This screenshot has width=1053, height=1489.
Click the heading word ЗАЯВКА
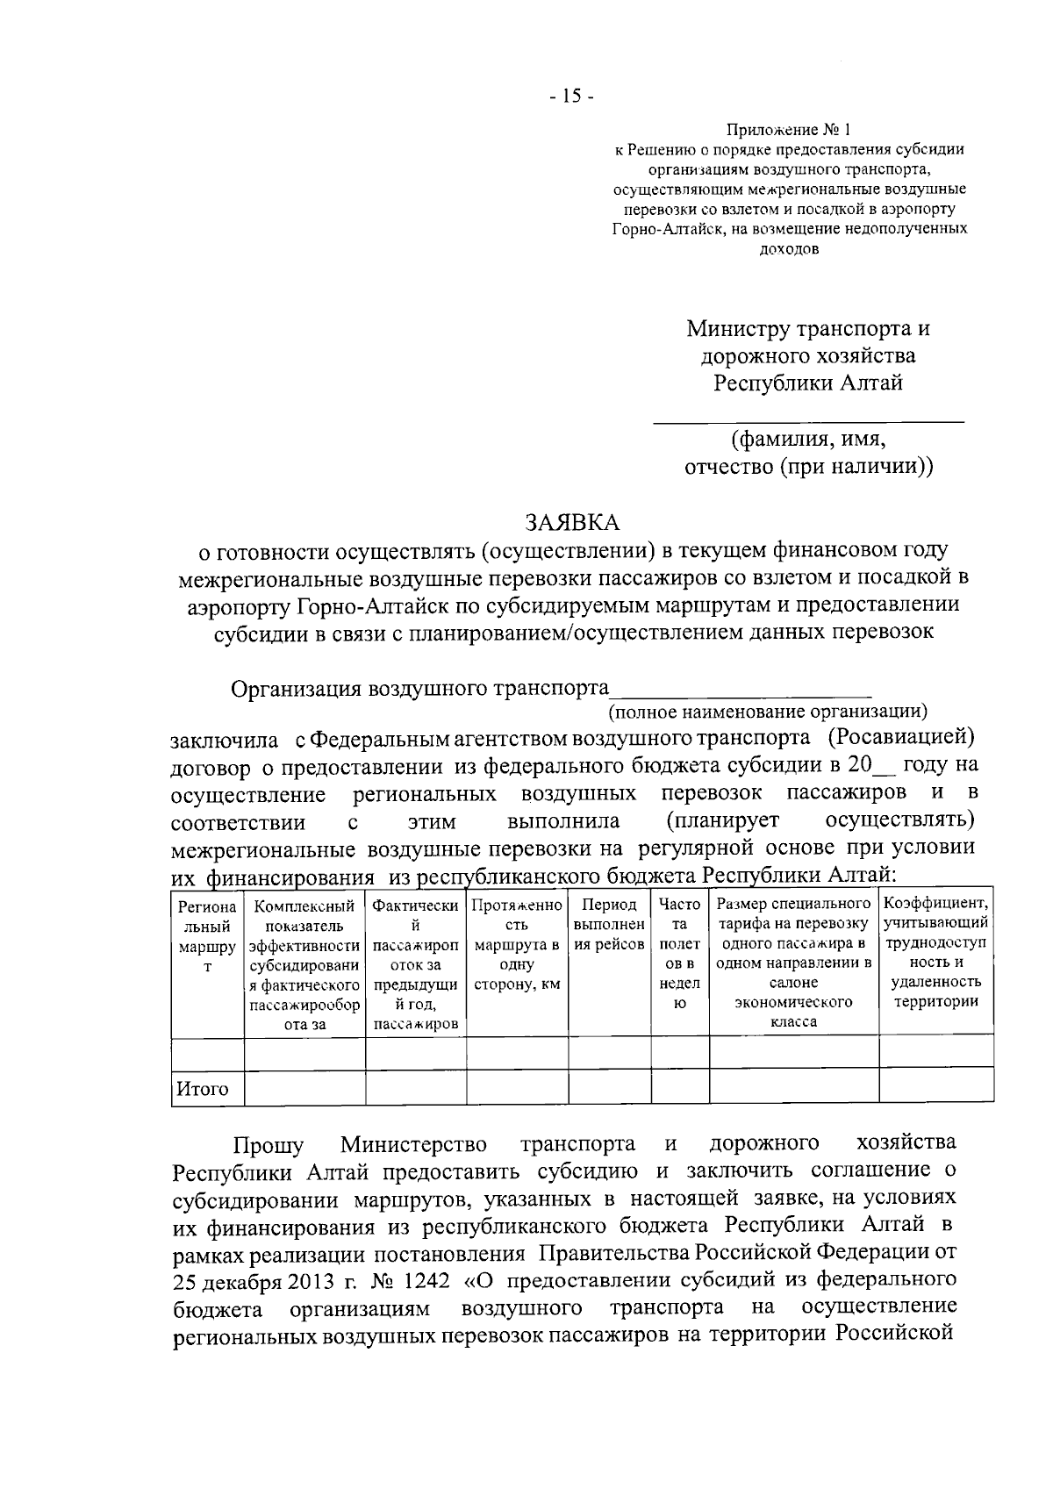[571, 523]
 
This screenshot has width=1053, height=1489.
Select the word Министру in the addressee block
[738, 329]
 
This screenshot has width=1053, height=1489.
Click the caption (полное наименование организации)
[768, 710]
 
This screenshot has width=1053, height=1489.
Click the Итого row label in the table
[203, 1090]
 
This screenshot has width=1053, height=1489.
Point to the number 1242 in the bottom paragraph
[426, 1280]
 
